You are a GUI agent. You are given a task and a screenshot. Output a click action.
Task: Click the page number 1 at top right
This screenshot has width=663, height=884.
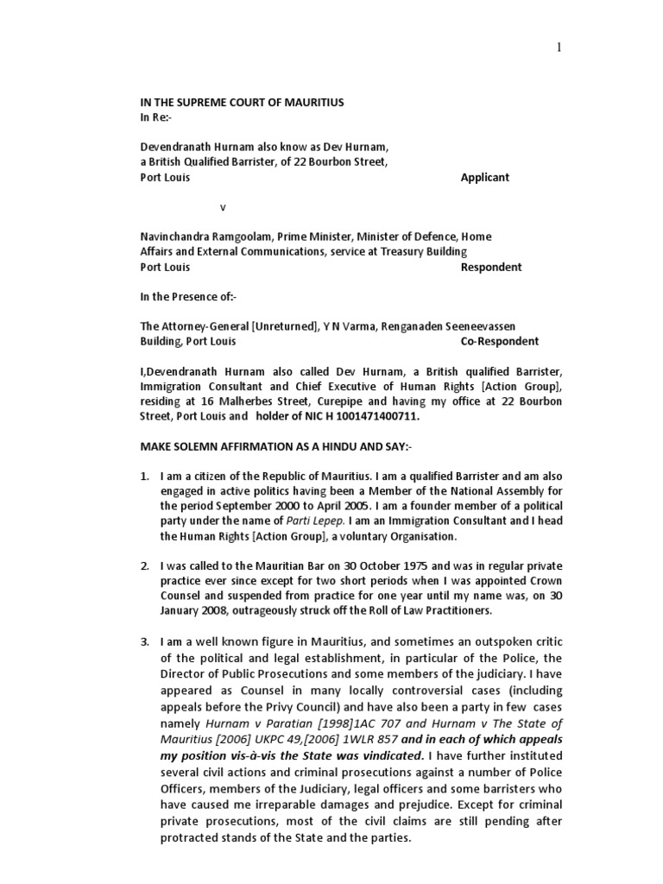(x=559, y=48)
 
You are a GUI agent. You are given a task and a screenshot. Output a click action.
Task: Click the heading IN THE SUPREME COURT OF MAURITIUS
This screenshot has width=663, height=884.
(x=242, y=103)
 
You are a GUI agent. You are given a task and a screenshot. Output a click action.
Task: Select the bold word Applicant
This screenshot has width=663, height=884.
(x=485, y=177)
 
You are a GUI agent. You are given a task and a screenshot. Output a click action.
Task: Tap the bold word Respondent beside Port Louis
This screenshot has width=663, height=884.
(x=490, y=267)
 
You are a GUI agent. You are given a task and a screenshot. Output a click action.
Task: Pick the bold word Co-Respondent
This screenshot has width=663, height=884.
(x=500, y=341)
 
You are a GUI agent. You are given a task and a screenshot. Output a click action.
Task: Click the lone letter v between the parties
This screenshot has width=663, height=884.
(x=223, y=207)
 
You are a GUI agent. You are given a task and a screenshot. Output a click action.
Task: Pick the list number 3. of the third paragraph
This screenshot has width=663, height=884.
(x=146, y=641)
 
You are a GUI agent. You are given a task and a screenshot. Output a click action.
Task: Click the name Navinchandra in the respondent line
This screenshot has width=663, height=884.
(x=175, y=237)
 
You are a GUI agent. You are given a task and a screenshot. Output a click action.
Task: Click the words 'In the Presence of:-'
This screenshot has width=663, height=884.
(x=188, y=296)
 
